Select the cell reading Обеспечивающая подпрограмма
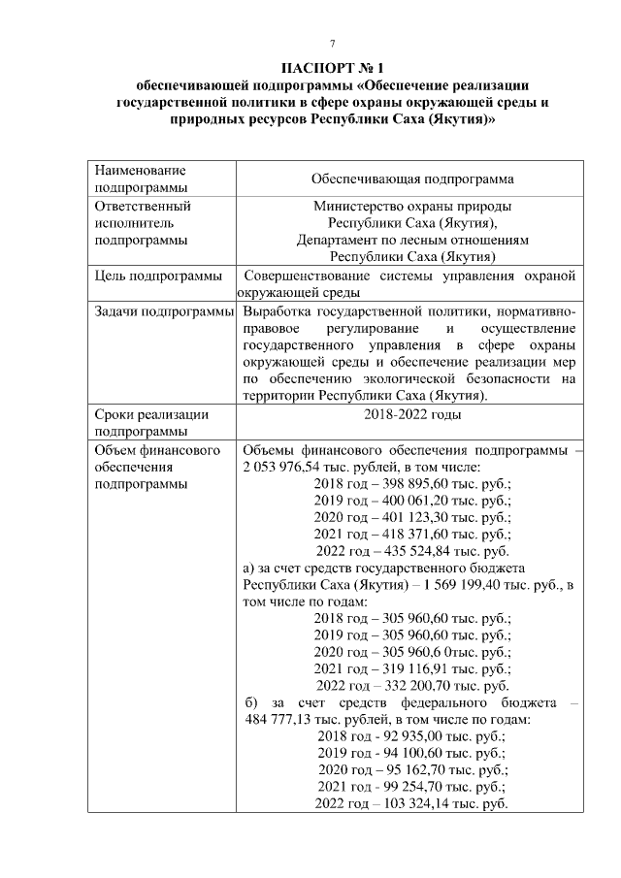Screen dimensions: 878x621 tap(411, 179)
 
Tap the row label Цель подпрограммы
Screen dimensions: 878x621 tap(159, 276)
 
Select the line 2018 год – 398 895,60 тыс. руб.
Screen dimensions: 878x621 tap(412, 484)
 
